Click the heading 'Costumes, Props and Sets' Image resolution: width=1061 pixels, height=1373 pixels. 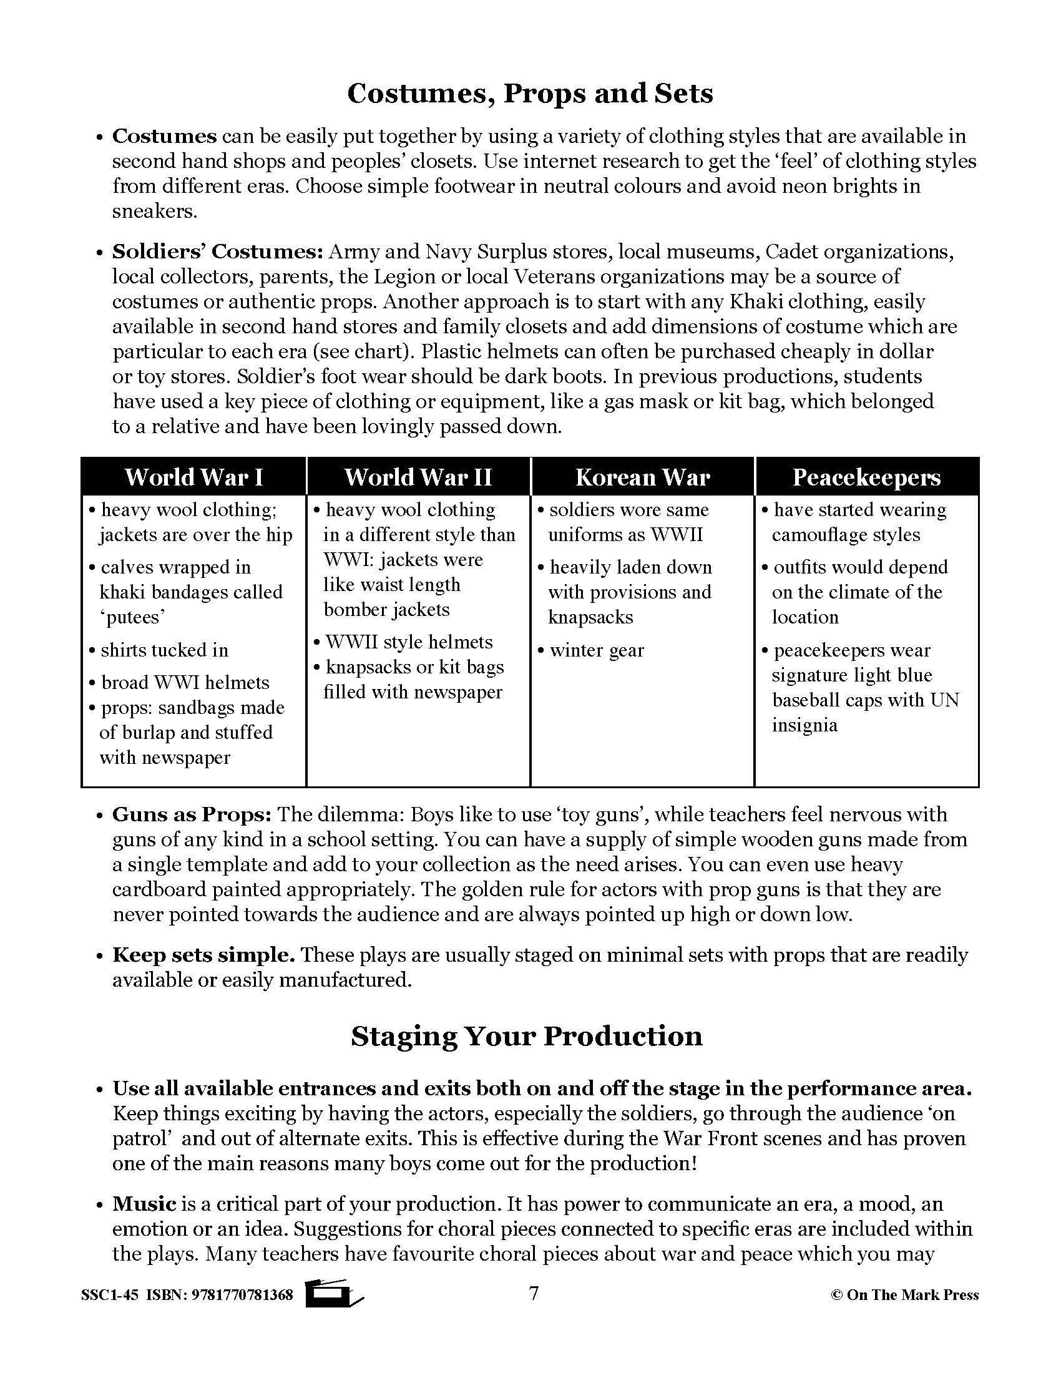click(x=530, y=94)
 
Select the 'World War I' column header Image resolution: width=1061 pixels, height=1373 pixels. click(x=193, y=477)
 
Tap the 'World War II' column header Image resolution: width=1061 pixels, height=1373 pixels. click(x=419, y=477)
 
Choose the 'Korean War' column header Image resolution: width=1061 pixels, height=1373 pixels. click(x=642, y=477)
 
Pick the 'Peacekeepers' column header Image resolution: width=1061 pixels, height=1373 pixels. click(x=866, y=477)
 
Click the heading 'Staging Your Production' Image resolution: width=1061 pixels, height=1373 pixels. click(x=527, y=1035)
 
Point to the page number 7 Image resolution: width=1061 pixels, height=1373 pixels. click(x=534, y=1293)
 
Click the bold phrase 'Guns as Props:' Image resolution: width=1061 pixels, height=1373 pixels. click(x=192, y=814)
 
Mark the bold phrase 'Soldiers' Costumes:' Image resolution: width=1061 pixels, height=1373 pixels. click(x=217, y=252)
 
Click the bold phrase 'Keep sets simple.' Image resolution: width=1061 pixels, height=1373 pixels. click(x=203, y=955)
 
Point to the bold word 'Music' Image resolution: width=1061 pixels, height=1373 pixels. click(x=144, y=1204)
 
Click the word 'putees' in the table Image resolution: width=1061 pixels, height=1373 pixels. click(x=132, y=617)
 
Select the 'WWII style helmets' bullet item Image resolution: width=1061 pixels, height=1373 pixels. click(x=409, y=642)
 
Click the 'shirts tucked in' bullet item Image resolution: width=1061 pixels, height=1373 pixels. click(x=164, y=650)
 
